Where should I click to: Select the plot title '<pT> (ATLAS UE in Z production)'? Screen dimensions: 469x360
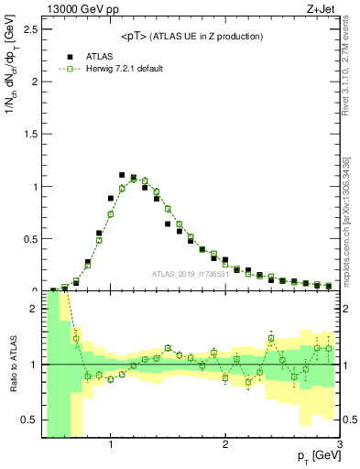coord(191,36)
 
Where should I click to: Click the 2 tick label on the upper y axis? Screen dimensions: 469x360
coord(33,82)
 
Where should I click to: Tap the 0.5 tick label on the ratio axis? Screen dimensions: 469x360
coord(27,420)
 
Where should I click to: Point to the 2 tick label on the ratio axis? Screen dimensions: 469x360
coord(33,309)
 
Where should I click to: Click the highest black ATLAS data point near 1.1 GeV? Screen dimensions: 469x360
coord(122,175)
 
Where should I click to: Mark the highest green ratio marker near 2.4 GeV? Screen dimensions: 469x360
coord(271,338)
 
